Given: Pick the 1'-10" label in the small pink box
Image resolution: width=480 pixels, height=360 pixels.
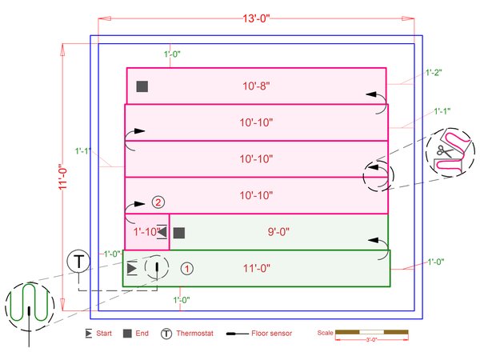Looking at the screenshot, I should pyautogui.click(x=145, y=233).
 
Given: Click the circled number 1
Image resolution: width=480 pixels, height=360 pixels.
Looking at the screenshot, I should pyautogui.click(x=186, y=268).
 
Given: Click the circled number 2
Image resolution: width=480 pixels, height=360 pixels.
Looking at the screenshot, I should pyautogui.click(x=158, y=202).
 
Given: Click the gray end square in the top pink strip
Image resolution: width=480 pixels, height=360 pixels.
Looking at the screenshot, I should pyautogui.click(x=142, y=86).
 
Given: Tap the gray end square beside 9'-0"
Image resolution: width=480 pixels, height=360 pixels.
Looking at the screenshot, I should pyautogui.click(x=179, y=233).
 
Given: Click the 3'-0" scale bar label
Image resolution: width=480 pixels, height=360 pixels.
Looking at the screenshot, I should pyautogui.click(x=372, y=339).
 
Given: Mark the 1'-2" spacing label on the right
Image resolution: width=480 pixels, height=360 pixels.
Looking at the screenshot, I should pyautogui.click(x=434, y=72).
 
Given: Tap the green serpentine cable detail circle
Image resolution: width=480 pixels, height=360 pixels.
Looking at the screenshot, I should pyautogui.click(x=30, y=304).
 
